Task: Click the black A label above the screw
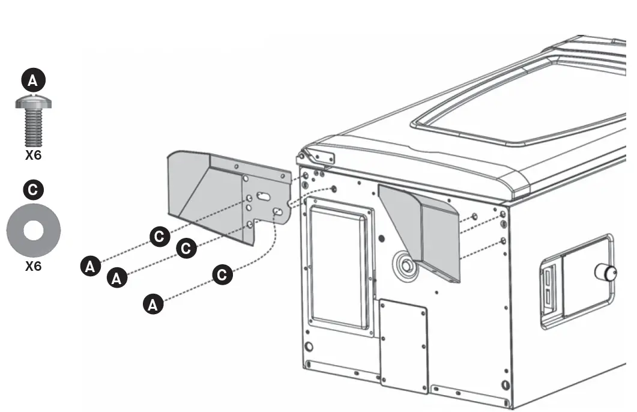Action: coord(33,80)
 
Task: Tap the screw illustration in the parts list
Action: coord(34,120)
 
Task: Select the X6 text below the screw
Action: coord(33,155)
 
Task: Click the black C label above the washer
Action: coord(33,190)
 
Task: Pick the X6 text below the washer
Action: coord(33,265)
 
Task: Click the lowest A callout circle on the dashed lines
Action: coord(152,304)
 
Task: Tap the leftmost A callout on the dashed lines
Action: coord(90,265)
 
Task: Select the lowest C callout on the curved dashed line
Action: coord(222,275)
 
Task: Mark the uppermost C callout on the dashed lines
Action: coord(159,237)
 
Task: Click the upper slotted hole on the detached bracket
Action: coord(263,196)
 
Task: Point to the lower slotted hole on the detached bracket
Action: coord(278,212)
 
